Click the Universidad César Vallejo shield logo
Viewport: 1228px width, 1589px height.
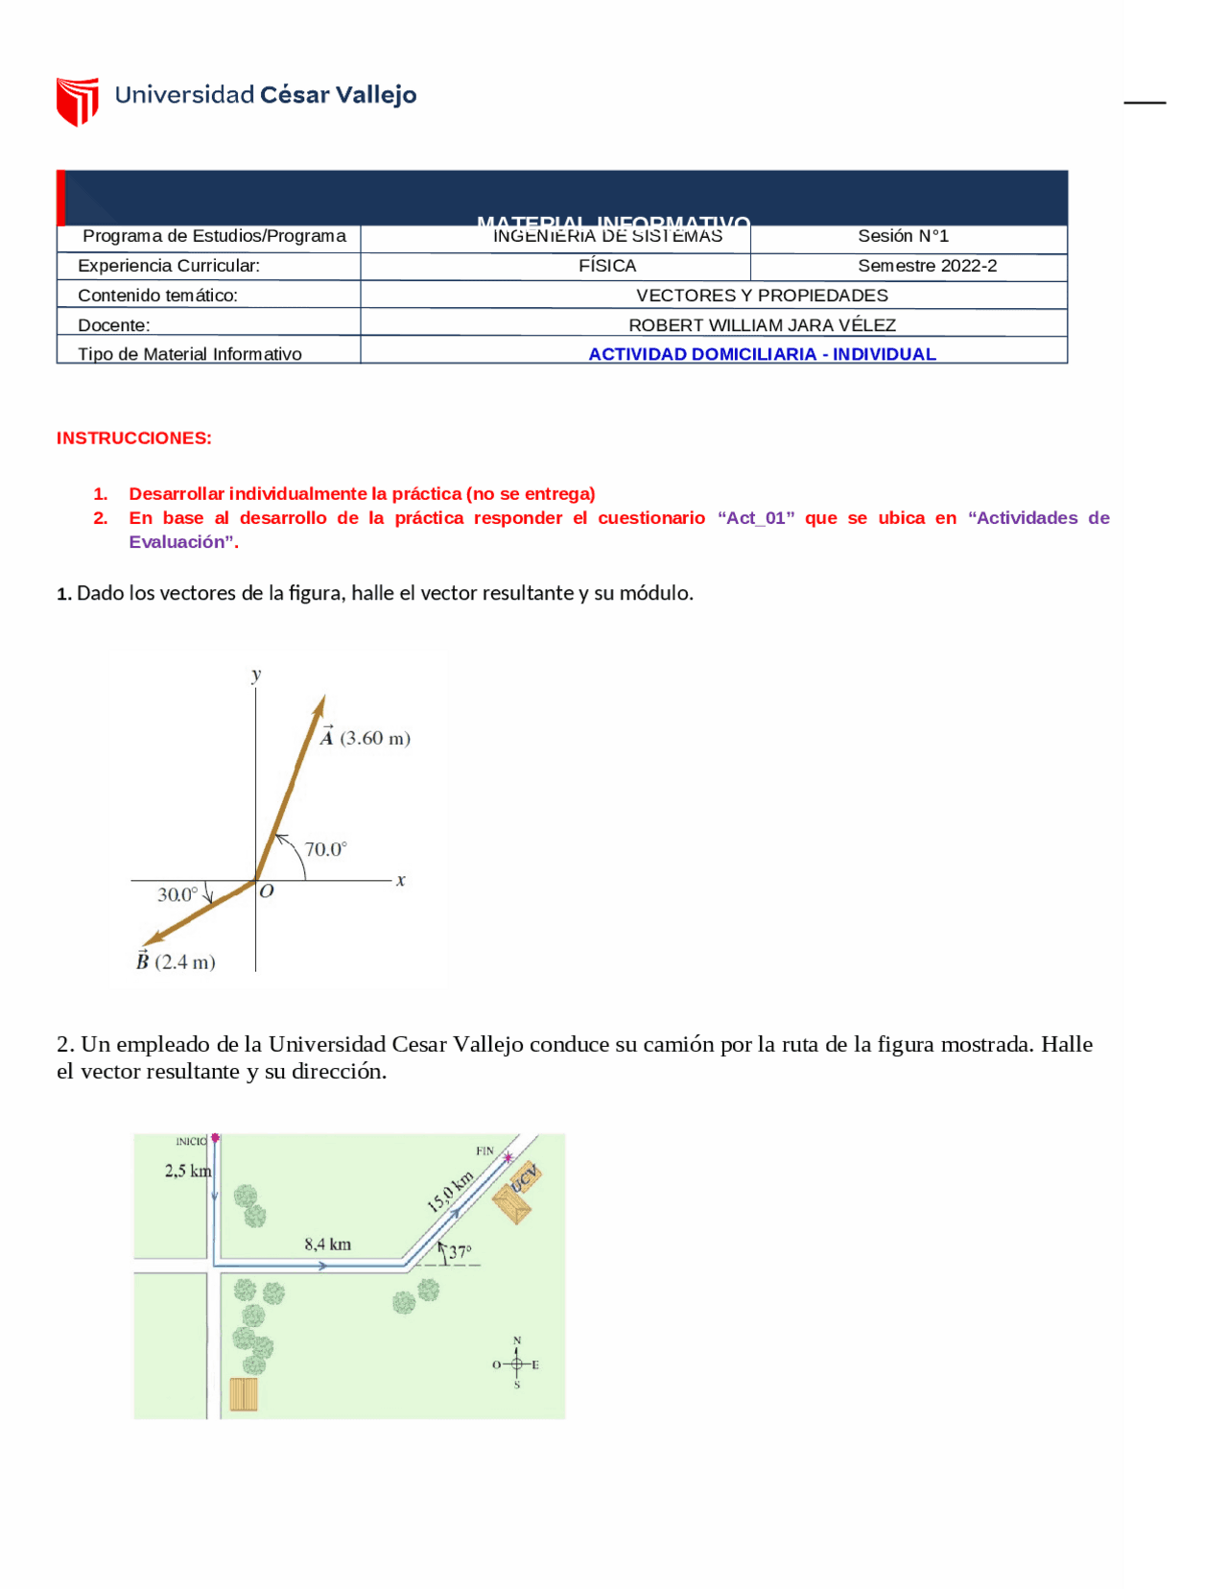[x=78, y=101]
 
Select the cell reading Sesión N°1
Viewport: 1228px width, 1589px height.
[x=903, y=236]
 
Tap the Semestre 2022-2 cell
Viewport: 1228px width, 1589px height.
[x=927, y=266]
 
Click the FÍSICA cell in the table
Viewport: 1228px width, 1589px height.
[x=607, y=266]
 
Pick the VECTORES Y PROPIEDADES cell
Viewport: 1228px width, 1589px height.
[x=762, y=296]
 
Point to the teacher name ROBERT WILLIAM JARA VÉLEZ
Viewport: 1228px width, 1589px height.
[x=762, y=325]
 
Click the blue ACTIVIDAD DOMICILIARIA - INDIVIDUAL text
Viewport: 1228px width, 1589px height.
[x=762, y=354]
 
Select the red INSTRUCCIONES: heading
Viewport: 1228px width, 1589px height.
[x=134, y=439]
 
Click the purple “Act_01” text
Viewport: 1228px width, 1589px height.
[x=756, y=518]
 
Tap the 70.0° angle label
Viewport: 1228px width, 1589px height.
[x=325, y=849]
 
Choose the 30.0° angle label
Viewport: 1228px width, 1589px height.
[x=177, y=894]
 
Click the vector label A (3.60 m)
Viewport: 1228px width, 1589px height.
[x=366, y=738]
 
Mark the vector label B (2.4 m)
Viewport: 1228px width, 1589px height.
[x=176, y=961]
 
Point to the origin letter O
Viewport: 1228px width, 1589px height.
[x=267, y=891]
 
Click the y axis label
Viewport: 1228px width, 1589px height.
[x=256, y=675]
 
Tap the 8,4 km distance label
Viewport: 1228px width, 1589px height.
[x=327, y=1245]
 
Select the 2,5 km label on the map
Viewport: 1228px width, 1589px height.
[x=187, y=1171]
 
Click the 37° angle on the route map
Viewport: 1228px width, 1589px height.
[x=460, y=1252]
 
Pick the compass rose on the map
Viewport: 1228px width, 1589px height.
[x=516, y=1364]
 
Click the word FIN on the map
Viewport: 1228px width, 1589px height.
[x=484, y=1150]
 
